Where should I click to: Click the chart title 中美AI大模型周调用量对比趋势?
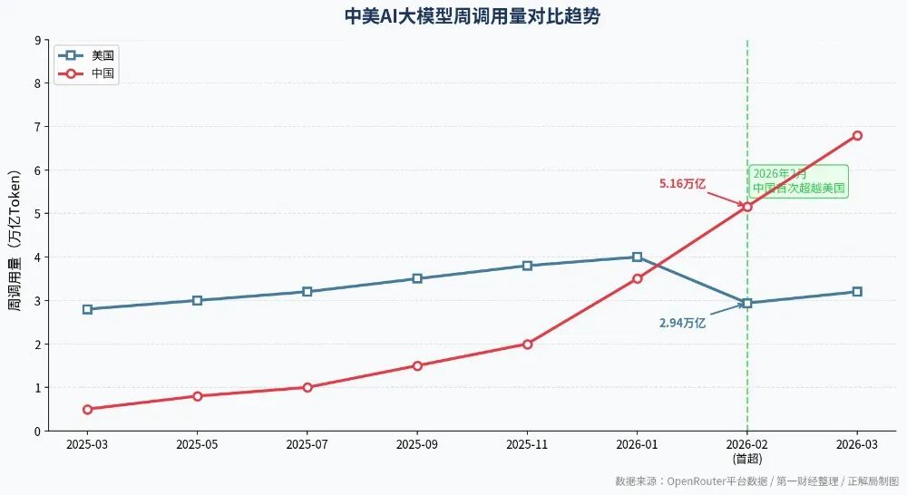[x=472, y=17]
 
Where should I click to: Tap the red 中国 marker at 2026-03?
[x=857, y=136]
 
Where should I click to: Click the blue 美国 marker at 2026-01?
[x=637, y=257]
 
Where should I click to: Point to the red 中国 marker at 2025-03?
[x=87, y=409]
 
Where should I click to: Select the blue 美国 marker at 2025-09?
[x=417, y=278]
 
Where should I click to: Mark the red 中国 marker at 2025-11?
[x=527, y=345]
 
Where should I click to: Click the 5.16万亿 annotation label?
[x=682, y=184]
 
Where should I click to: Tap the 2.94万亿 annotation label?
[x=682, y=323]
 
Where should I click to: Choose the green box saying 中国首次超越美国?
[x=798, y=181]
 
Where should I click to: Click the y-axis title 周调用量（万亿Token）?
[x=15, y=236]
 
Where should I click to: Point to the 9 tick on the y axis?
[x=37, y=40]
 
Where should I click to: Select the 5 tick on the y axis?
[x=37, y=214]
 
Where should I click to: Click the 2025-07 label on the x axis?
[x=307, y=445]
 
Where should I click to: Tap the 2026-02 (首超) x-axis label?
[x=746, y=451]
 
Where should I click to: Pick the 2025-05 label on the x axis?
[x=197, y=445]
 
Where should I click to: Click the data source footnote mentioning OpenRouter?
[x=756, y=481]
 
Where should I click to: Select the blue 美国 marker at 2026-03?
[x=857, y=292]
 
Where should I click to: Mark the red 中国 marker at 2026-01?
[x=637, y=278]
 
